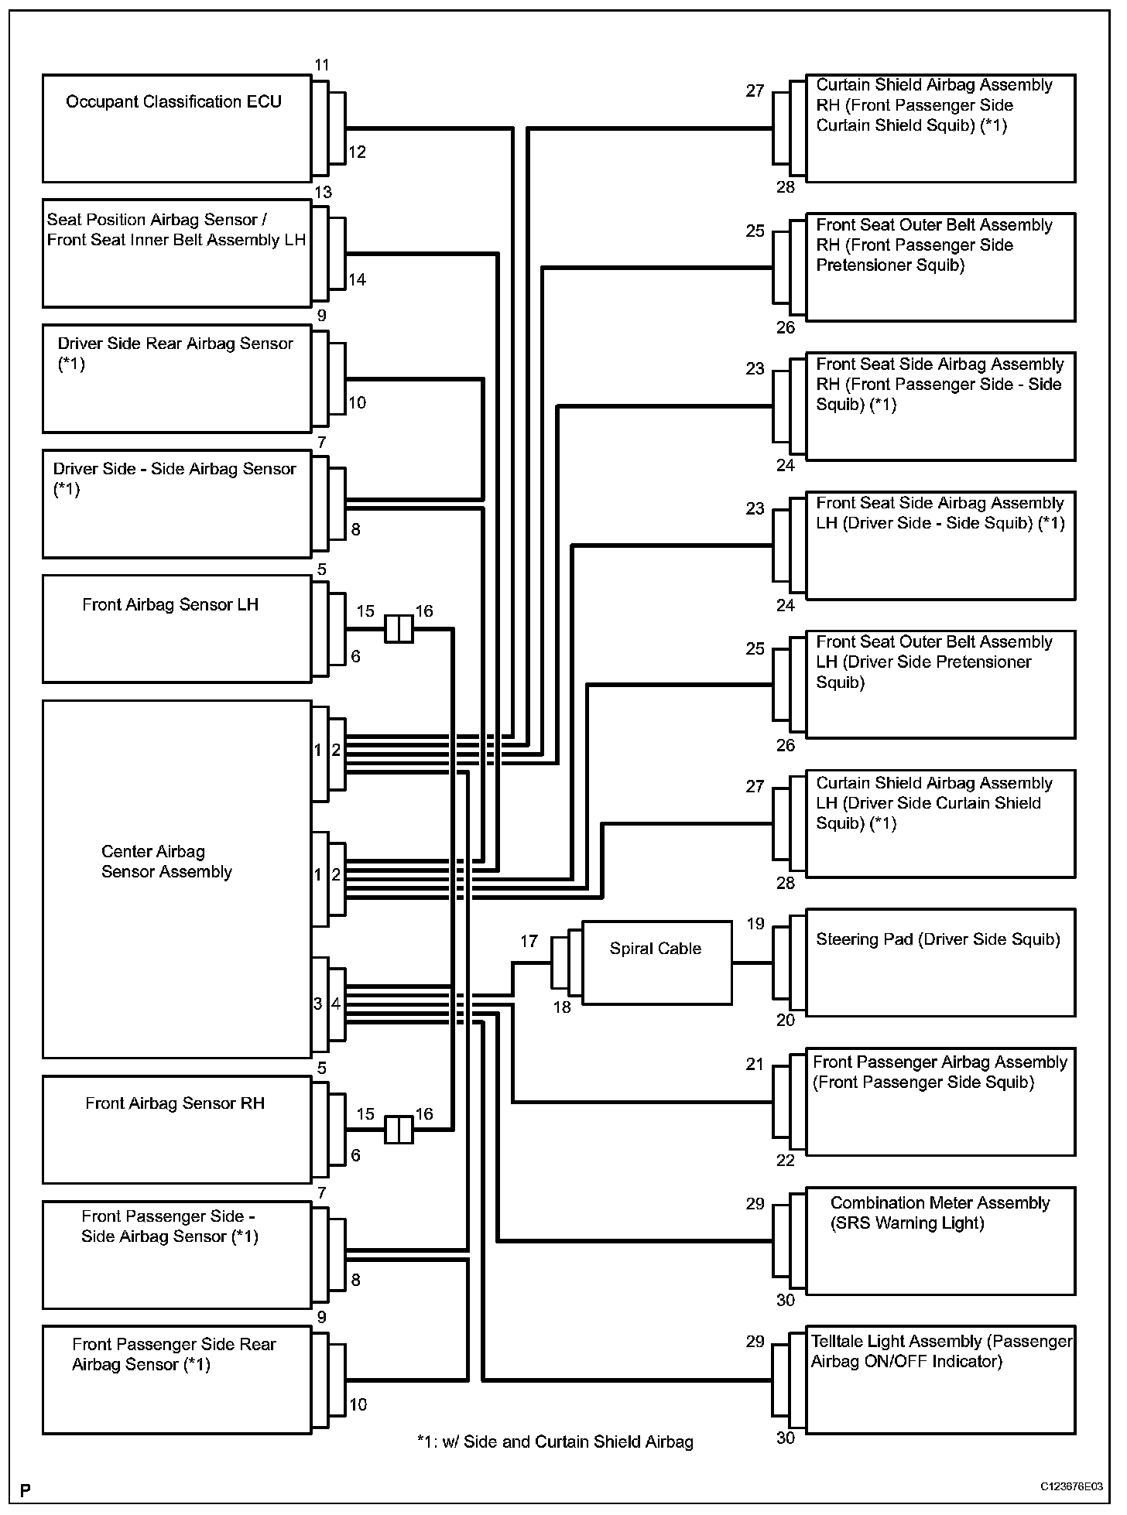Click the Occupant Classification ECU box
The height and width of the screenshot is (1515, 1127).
pyautogui.click(x=176, y=128)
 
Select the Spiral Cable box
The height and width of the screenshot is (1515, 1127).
pyautogui.click(x=656, y=963)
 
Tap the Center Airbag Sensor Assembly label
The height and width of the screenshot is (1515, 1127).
pyautogui.click(x=166, y=862)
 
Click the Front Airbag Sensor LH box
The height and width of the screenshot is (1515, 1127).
pyautogui.click(x=176, y=628)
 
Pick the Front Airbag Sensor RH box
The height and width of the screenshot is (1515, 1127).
pyautogui.click(x=176, y=1129)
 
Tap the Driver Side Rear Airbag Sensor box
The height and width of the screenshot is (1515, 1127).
pyautogui.click(x=176, y=378)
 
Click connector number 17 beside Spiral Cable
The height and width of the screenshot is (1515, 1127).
pyautogui.click(x=529, y=941)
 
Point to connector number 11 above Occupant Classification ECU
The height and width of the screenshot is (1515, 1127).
pyautogui.click(x=322, y=65)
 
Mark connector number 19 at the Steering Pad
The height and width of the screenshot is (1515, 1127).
pyautogui.click(x=755, y=923)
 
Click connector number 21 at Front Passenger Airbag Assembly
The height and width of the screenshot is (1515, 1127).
pyautogui.click(x=755, y=1064)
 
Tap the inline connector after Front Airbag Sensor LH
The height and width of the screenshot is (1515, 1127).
pyautogui.click(x=399, y=629)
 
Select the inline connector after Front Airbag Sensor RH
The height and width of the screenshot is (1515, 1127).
pyautogui.click(x=399, y=1130)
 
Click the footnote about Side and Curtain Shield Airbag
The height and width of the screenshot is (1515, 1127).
pyautogui.click(x=555, y=1441)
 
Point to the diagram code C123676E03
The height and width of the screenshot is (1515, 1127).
pyautogui.click(x=1071, y=1487)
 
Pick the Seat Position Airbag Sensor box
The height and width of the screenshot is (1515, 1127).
pyautogui.click(x=176, y=254)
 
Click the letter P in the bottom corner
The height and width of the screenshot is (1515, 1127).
pyautogui.click(x=26, y=1489)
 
